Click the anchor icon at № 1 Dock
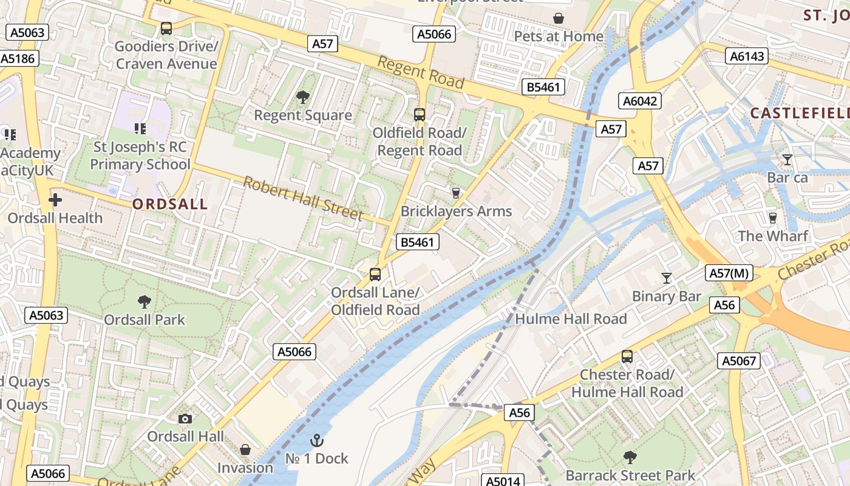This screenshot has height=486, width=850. (317, 440)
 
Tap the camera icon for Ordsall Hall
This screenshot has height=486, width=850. (185, 419)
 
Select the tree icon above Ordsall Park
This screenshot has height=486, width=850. (144, 301)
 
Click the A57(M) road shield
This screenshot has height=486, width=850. (729, 273)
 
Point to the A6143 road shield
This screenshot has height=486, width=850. (747, 56)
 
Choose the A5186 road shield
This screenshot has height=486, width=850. (19, 58)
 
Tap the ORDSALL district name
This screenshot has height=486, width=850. (170, 204)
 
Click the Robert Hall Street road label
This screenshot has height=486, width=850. (303, 199)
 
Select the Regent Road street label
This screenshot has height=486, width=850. (420, 72)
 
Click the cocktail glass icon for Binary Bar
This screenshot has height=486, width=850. (667, 278)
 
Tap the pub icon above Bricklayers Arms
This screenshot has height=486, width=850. (456, 193)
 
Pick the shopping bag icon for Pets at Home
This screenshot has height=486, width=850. (559, 19)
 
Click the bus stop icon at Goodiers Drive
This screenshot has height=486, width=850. (166, 28)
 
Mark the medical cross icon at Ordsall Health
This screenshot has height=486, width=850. (55, 199)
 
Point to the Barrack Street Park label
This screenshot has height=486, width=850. (630, 474)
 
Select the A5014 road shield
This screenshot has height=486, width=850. (503, 481)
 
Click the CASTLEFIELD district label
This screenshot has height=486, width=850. (799, 113)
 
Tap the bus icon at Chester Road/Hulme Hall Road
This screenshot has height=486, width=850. (627, 357)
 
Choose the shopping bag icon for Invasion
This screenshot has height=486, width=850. (245, 450)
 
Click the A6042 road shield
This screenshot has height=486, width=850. (640, 101)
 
